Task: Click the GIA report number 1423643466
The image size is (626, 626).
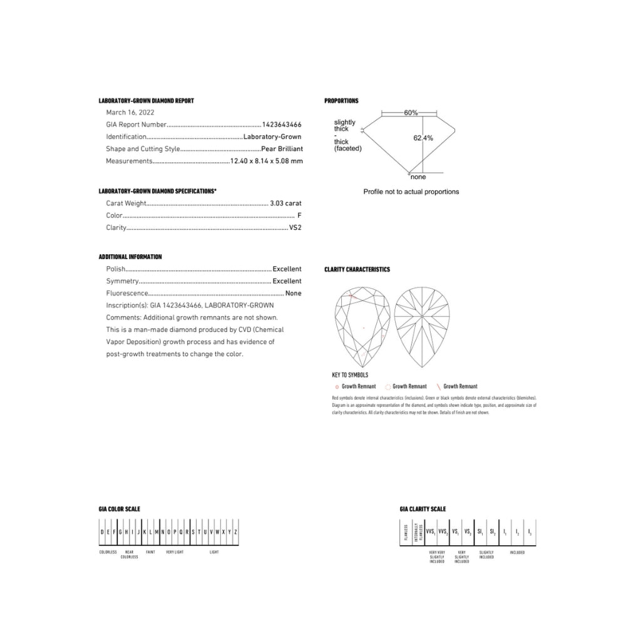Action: click(x=281, y=125)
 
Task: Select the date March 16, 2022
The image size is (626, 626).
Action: click(x=130, y=113)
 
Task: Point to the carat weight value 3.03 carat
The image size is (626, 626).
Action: click(x=285, y=203)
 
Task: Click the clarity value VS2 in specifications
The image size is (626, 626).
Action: click(x=295, y=228)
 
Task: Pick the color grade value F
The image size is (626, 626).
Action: click(x=299, y=216)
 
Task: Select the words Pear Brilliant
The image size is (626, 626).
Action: click(x=281, y=149)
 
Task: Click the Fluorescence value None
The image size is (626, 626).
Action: click(x=293, y=293)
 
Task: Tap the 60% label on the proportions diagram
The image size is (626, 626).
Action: click(x=411, y=113)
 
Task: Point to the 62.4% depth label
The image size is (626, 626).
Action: click(x=423, y=138)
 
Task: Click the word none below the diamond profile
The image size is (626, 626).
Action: click(x=418, y=177)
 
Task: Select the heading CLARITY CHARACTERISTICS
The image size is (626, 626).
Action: click(x=357, y=269)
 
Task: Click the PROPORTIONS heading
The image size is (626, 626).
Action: click(x=341, y=101)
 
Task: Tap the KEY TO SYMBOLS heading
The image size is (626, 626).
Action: click(x=350, y=374)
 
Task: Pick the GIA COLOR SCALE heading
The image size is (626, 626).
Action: click(x=120, y=509)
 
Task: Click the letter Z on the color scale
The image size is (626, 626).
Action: click(x=235, y=531)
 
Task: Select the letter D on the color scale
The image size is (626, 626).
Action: click(x=102, y=531)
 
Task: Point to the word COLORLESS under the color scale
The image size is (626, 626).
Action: click(x=108, y=552)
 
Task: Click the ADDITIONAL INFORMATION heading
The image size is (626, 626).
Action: click(x=130, y=257)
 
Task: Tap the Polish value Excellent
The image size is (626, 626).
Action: click(x=287, y=269)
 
